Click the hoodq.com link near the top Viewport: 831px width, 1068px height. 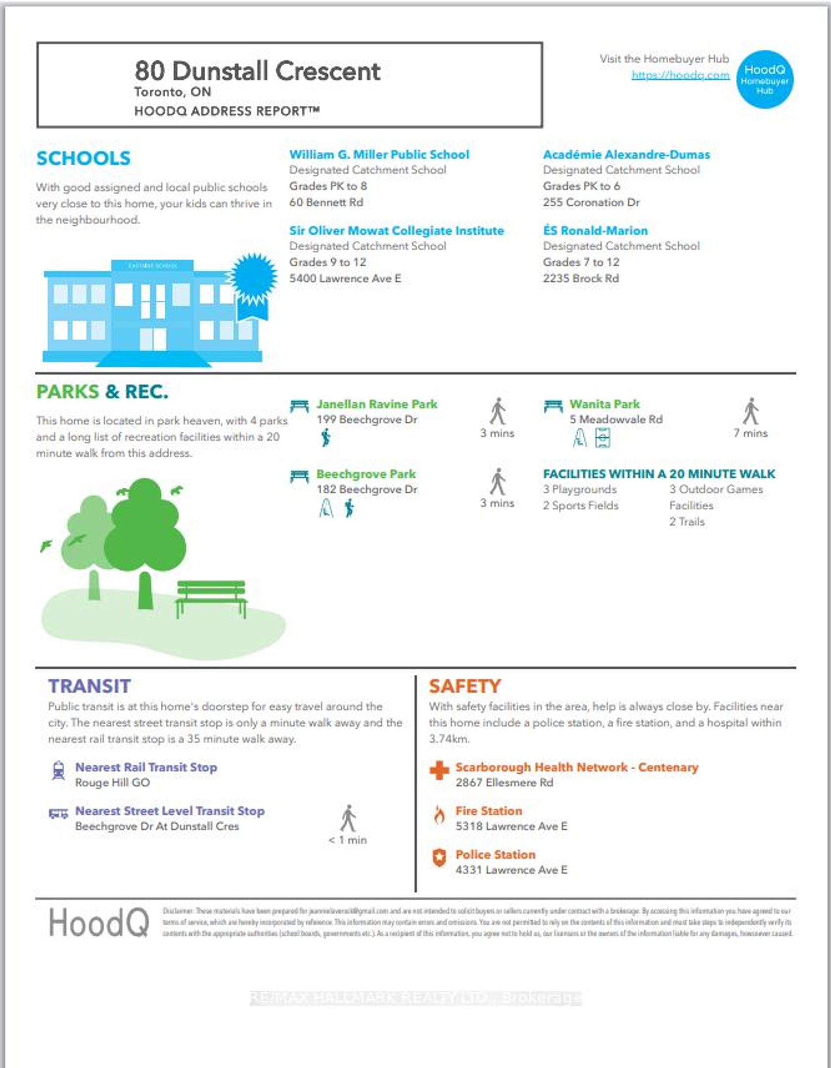[x=680, y=75]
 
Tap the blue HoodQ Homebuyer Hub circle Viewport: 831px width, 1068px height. [x=765, y=79]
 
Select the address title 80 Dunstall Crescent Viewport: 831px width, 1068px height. [x=257, y=71]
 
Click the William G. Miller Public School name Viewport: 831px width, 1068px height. [x=379, y=155]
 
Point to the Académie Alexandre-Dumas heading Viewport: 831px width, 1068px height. [x=626, y=155]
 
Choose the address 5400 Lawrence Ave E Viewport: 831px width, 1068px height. [x=345, y=279]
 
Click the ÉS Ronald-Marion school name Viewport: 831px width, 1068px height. [x=595, y=231]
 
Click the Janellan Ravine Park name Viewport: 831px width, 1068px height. [x=377, y=404]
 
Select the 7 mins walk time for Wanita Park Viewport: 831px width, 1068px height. [x=750, y=433]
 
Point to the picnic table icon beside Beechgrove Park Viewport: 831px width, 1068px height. [x=299, y=476]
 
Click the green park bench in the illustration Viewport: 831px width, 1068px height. [x=211, y=596]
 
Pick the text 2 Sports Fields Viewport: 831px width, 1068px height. [x=581, y=506]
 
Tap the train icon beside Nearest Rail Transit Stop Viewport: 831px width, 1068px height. [x=58, y=771]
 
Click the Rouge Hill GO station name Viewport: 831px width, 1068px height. [x=112, y=783]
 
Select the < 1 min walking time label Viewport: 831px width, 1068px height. [x=348, y=840]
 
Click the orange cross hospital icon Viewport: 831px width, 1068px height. [x=439, y=770]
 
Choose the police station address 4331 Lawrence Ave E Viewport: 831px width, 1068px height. [x=511, y=870]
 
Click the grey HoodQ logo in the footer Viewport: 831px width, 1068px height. [x=99, y=923]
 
